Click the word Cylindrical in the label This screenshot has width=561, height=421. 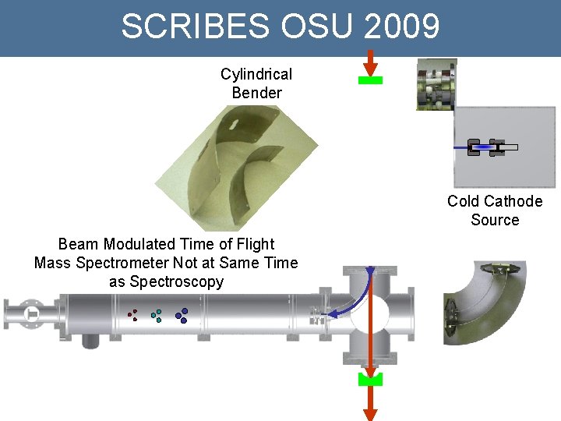[x=256, y=74]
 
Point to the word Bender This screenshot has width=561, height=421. [x=256, y=93]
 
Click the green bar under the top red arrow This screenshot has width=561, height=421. [x=370, y=80]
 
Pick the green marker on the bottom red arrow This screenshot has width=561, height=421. [x=370, y=380]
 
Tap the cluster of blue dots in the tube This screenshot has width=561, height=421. [x=182, y=315]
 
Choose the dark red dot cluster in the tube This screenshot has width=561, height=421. [x=132, y=315]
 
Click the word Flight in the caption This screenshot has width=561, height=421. [x=253, y=244]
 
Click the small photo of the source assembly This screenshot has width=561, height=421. [x=436, y=84]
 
